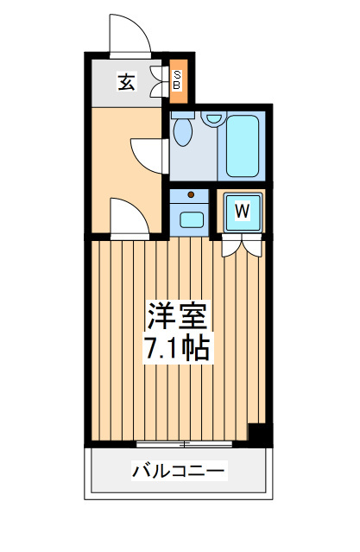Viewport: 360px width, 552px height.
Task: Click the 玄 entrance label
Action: coord(126,82)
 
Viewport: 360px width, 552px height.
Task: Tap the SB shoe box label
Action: coord(178,80)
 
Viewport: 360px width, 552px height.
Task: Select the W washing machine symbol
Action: coord(243,212)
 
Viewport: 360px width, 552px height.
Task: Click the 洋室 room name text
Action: coord(177,315)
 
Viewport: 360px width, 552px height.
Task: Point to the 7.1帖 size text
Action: coord(177,348)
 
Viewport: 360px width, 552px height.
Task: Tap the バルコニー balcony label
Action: coord(178,470)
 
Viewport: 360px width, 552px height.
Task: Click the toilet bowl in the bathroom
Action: coord(183,132)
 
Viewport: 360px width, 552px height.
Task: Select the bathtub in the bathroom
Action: coord(243,146)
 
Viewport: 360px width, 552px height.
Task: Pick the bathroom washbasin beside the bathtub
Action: coord(213,118)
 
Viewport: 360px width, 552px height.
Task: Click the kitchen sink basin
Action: coord(192,219)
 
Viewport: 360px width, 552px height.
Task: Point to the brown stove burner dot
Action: coord(191,194)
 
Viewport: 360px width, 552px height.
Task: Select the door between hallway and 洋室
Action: coord(129,219)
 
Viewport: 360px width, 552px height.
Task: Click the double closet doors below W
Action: coord(243,245)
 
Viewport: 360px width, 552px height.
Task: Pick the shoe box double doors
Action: coord(159,81)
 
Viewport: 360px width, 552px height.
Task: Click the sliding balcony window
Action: coord(184,444)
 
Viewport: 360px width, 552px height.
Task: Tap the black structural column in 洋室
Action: coord(260,435)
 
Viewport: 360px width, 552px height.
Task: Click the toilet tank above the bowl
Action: coord(183,115)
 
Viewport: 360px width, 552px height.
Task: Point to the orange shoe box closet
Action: coord(179,81)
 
